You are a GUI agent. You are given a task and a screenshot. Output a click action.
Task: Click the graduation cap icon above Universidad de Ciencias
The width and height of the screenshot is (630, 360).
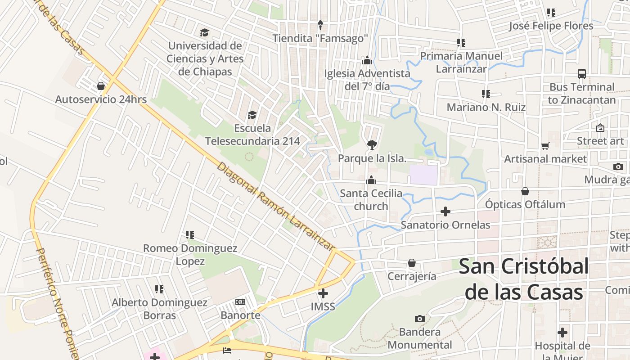point(205,32)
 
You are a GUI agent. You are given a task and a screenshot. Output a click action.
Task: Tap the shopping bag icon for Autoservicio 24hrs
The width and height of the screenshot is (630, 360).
point(101,85)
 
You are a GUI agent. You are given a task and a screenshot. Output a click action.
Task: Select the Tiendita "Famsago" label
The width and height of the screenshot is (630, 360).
point(320,38)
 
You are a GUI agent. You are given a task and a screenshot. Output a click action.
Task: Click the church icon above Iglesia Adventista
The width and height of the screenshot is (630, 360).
point(367,60)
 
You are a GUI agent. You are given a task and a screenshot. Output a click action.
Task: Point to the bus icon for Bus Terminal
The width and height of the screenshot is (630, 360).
point(582,74)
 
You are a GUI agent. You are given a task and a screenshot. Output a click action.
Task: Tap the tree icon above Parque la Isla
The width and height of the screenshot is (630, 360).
point(372,145)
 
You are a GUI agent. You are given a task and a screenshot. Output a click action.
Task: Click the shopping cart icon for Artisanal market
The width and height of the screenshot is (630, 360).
point(545,146)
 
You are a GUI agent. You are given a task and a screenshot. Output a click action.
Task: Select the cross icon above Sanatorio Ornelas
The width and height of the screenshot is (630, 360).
point(445,211)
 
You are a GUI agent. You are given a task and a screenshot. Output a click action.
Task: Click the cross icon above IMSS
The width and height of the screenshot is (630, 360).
point(323,293)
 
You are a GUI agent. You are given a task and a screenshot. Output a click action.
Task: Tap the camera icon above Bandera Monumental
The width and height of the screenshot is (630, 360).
point(419,319)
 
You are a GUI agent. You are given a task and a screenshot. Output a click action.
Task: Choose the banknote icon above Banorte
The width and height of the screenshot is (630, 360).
point(240,301)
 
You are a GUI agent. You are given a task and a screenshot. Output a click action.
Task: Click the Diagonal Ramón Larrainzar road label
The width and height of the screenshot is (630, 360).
point(276,207)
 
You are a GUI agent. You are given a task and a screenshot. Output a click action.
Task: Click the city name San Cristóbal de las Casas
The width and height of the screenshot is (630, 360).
point(524,279)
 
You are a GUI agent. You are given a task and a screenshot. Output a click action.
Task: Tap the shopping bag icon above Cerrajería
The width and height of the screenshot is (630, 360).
point(412,263)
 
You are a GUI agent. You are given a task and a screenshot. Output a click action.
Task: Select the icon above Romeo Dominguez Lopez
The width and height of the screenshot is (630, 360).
point(190,235)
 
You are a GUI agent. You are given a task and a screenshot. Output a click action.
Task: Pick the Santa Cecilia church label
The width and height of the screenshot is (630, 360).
point(371,200)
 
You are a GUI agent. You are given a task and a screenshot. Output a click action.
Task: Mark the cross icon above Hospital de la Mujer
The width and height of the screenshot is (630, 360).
point(562,333)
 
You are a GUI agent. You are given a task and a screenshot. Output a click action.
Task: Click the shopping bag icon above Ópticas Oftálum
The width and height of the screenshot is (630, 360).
point(525,191)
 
